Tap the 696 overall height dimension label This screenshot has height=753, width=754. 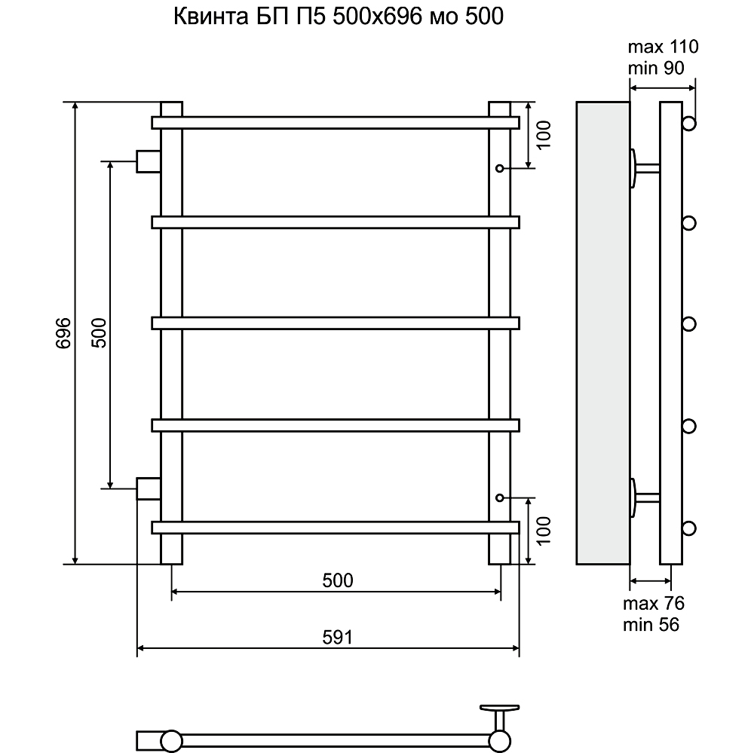[63, 332]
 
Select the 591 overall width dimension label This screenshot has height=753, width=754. [338, 637]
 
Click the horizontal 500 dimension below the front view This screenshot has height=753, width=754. [338, 580]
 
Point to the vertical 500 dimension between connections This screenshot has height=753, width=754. [100, 332]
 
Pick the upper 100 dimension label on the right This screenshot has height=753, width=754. [544, 135]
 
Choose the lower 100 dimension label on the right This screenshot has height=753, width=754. [544, 531]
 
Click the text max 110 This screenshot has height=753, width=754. [663, 47]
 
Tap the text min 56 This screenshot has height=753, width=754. [651, 625]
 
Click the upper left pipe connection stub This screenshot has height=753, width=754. [148, 161]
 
